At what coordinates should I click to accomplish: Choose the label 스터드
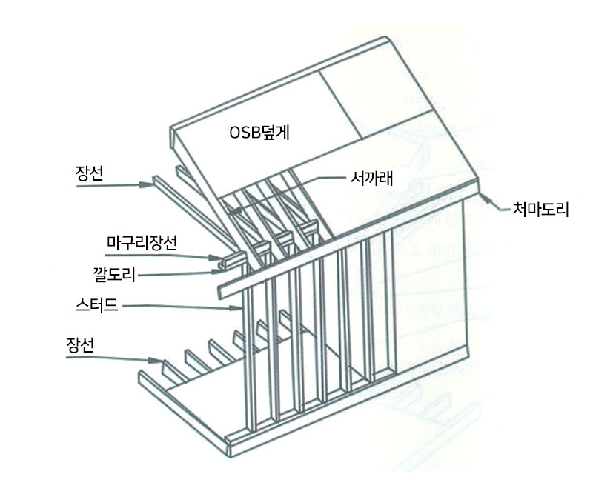[x=98, y=304]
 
